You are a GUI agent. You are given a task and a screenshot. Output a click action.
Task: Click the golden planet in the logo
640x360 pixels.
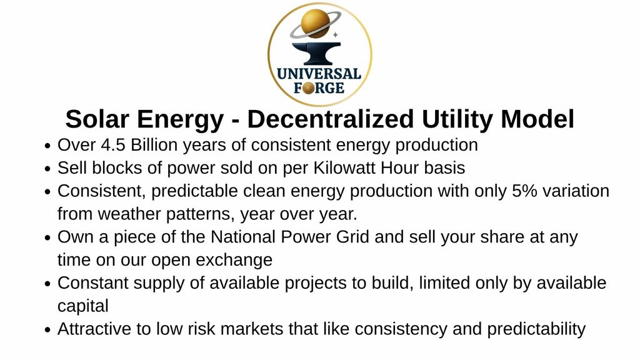[x=315, y=23]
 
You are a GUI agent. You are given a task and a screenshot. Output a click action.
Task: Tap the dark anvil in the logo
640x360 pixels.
[x=316, y=54]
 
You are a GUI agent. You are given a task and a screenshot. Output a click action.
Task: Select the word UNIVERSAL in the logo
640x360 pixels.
[x=319, y=74]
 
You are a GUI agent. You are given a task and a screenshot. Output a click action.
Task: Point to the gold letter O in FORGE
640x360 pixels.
[x=309, y=87]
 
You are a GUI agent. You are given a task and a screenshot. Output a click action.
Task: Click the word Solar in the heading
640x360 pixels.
[x=97, y=119]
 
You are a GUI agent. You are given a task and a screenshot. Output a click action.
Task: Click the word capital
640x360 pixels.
[x=83, y=306]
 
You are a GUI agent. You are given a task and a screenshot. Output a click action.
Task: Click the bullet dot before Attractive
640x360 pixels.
[x=47, y=330]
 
